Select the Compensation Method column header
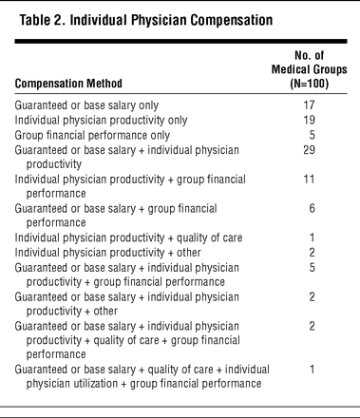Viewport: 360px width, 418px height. pos(68,84)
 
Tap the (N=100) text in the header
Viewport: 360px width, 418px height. pos(310,84)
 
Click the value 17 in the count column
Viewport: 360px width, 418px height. pos(309,104)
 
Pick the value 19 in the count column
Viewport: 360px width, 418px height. pos(309,120)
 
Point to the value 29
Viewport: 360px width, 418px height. pos(309,149)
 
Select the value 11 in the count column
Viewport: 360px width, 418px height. pos(309,180)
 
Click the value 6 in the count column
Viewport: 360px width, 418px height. pos(313,208)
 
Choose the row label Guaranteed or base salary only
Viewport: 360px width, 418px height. pos(86,105)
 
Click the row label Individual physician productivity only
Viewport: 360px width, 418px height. pos(101,120)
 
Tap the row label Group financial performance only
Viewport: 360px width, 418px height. pos(92,135)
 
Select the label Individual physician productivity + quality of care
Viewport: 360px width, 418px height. pos(128,237)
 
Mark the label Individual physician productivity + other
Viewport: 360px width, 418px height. pos(108,253)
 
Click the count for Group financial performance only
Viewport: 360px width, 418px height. pos(313,135)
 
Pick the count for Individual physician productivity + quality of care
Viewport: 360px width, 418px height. pos(313,237)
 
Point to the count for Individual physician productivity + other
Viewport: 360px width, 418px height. pos(313,253)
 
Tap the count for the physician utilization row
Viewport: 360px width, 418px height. pos(313,370)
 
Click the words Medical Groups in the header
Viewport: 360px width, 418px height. pos(310,69)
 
